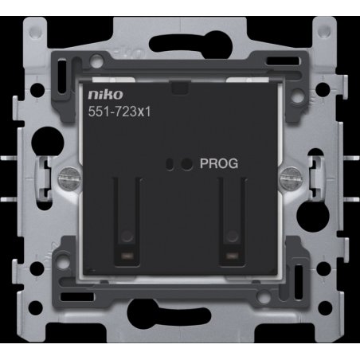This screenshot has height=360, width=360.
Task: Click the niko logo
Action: (x=106, y=95)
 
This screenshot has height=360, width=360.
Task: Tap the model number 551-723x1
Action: (x=119, y=112)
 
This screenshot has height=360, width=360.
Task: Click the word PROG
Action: (x=219, y=163)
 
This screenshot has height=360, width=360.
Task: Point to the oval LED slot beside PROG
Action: (x=170, y=164)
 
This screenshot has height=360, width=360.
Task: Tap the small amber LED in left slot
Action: (x=127, y=256)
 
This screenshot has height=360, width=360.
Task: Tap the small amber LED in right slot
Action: (x=233, y=256)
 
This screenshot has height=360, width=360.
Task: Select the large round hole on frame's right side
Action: (x=312, y=212)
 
